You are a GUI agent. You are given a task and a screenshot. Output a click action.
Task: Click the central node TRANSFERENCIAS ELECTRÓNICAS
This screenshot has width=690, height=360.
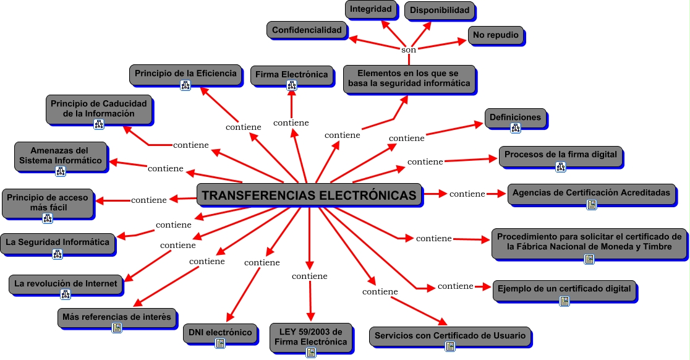point(309,195)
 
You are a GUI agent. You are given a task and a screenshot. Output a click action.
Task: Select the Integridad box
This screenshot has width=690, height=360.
point(371,9)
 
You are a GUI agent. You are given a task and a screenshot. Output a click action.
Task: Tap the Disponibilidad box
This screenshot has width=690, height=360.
point(440,11)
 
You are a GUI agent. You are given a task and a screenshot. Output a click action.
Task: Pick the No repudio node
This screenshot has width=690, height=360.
point(496,35)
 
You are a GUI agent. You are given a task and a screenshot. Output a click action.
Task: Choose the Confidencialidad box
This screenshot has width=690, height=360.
point(307,30)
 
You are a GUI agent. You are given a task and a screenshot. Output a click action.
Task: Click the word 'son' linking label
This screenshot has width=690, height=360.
point(409,49)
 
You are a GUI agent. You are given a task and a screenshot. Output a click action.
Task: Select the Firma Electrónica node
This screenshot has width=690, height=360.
point(292,75)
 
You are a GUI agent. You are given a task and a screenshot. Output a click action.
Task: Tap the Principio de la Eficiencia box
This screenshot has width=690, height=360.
point(185,74)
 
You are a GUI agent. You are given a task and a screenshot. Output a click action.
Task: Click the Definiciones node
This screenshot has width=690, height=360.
point(515,118)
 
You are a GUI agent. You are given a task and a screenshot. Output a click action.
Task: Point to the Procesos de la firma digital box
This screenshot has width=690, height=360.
point(561,155)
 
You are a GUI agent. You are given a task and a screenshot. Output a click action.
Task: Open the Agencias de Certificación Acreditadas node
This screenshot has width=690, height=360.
point(591,193)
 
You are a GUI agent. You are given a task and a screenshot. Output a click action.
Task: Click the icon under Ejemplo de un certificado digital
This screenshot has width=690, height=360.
point(564,301)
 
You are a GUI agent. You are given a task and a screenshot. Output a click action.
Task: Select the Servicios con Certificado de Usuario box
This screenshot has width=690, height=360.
point(450,336)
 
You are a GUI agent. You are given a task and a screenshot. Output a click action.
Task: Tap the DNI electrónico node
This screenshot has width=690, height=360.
point(219,333)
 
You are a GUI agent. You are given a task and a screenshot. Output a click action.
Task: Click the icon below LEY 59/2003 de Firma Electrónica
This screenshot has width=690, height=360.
point(311,353)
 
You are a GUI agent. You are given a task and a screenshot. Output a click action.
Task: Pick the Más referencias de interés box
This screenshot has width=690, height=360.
point(117,317)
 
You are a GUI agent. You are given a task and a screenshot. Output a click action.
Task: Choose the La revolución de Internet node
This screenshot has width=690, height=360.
point(66,284)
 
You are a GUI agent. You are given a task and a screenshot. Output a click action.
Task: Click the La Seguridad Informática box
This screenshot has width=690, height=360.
point(57,242)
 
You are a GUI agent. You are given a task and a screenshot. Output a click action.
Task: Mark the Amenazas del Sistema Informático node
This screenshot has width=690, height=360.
point(61,155)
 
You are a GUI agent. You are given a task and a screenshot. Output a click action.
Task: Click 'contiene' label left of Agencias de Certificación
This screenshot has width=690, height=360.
point(467,194)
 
